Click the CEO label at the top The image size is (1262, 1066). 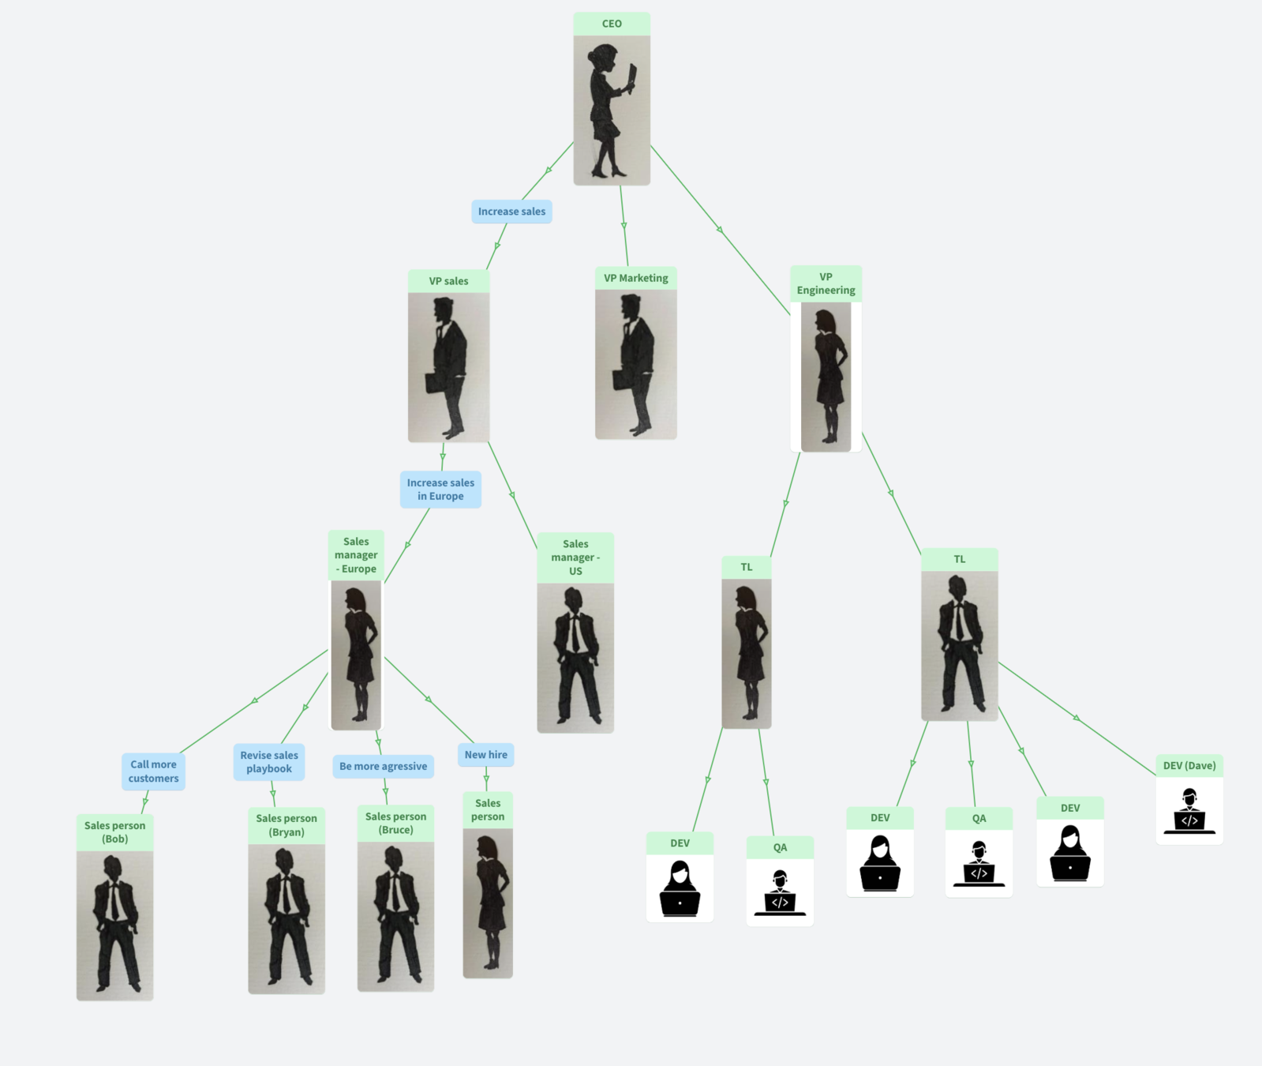coord(612,24)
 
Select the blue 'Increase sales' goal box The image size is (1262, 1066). coord(511,212)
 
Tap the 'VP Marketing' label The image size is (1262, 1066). coord(635,278)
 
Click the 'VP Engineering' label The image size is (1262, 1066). coord(826,283)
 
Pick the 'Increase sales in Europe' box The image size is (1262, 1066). coord(440,490)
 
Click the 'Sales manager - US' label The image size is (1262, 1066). coord(575,557)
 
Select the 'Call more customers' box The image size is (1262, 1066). coord(153,771)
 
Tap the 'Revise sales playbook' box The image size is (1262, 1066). coord(269,762)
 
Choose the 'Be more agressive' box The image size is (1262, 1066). coord(383,766)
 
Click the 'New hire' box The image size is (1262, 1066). coord(485,755)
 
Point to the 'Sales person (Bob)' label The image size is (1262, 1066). coord(114,832)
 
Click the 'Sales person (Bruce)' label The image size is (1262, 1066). coord(395,823)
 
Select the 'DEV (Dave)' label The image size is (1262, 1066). coord(1189,765)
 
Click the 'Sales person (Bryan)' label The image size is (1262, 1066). coord(286,825)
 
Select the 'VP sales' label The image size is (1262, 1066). coord(448,281)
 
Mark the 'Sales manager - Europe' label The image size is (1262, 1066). coord(356,555)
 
